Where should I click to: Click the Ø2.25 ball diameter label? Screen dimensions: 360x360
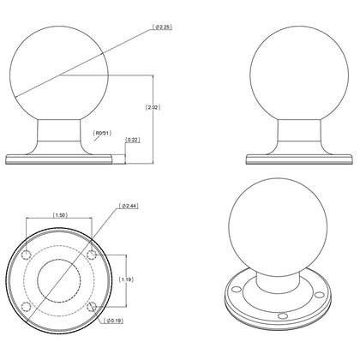point(162,27)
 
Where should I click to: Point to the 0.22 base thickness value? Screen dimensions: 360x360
point(133,139)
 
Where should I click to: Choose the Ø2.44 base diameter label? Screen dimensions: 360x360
point(129,207)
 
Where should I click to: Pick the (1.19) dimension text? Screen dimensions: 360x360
point(126,279)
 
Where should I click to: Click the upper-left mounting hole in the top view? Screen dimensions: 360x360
point(29,255)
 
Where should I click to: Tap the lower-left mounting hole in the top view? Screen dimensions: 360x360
point(29,306)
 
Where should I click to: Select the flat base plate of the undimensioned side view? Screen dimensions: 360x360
point(289,159)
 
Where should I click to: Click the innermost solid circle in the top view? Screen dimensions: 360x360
point(60,280)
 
